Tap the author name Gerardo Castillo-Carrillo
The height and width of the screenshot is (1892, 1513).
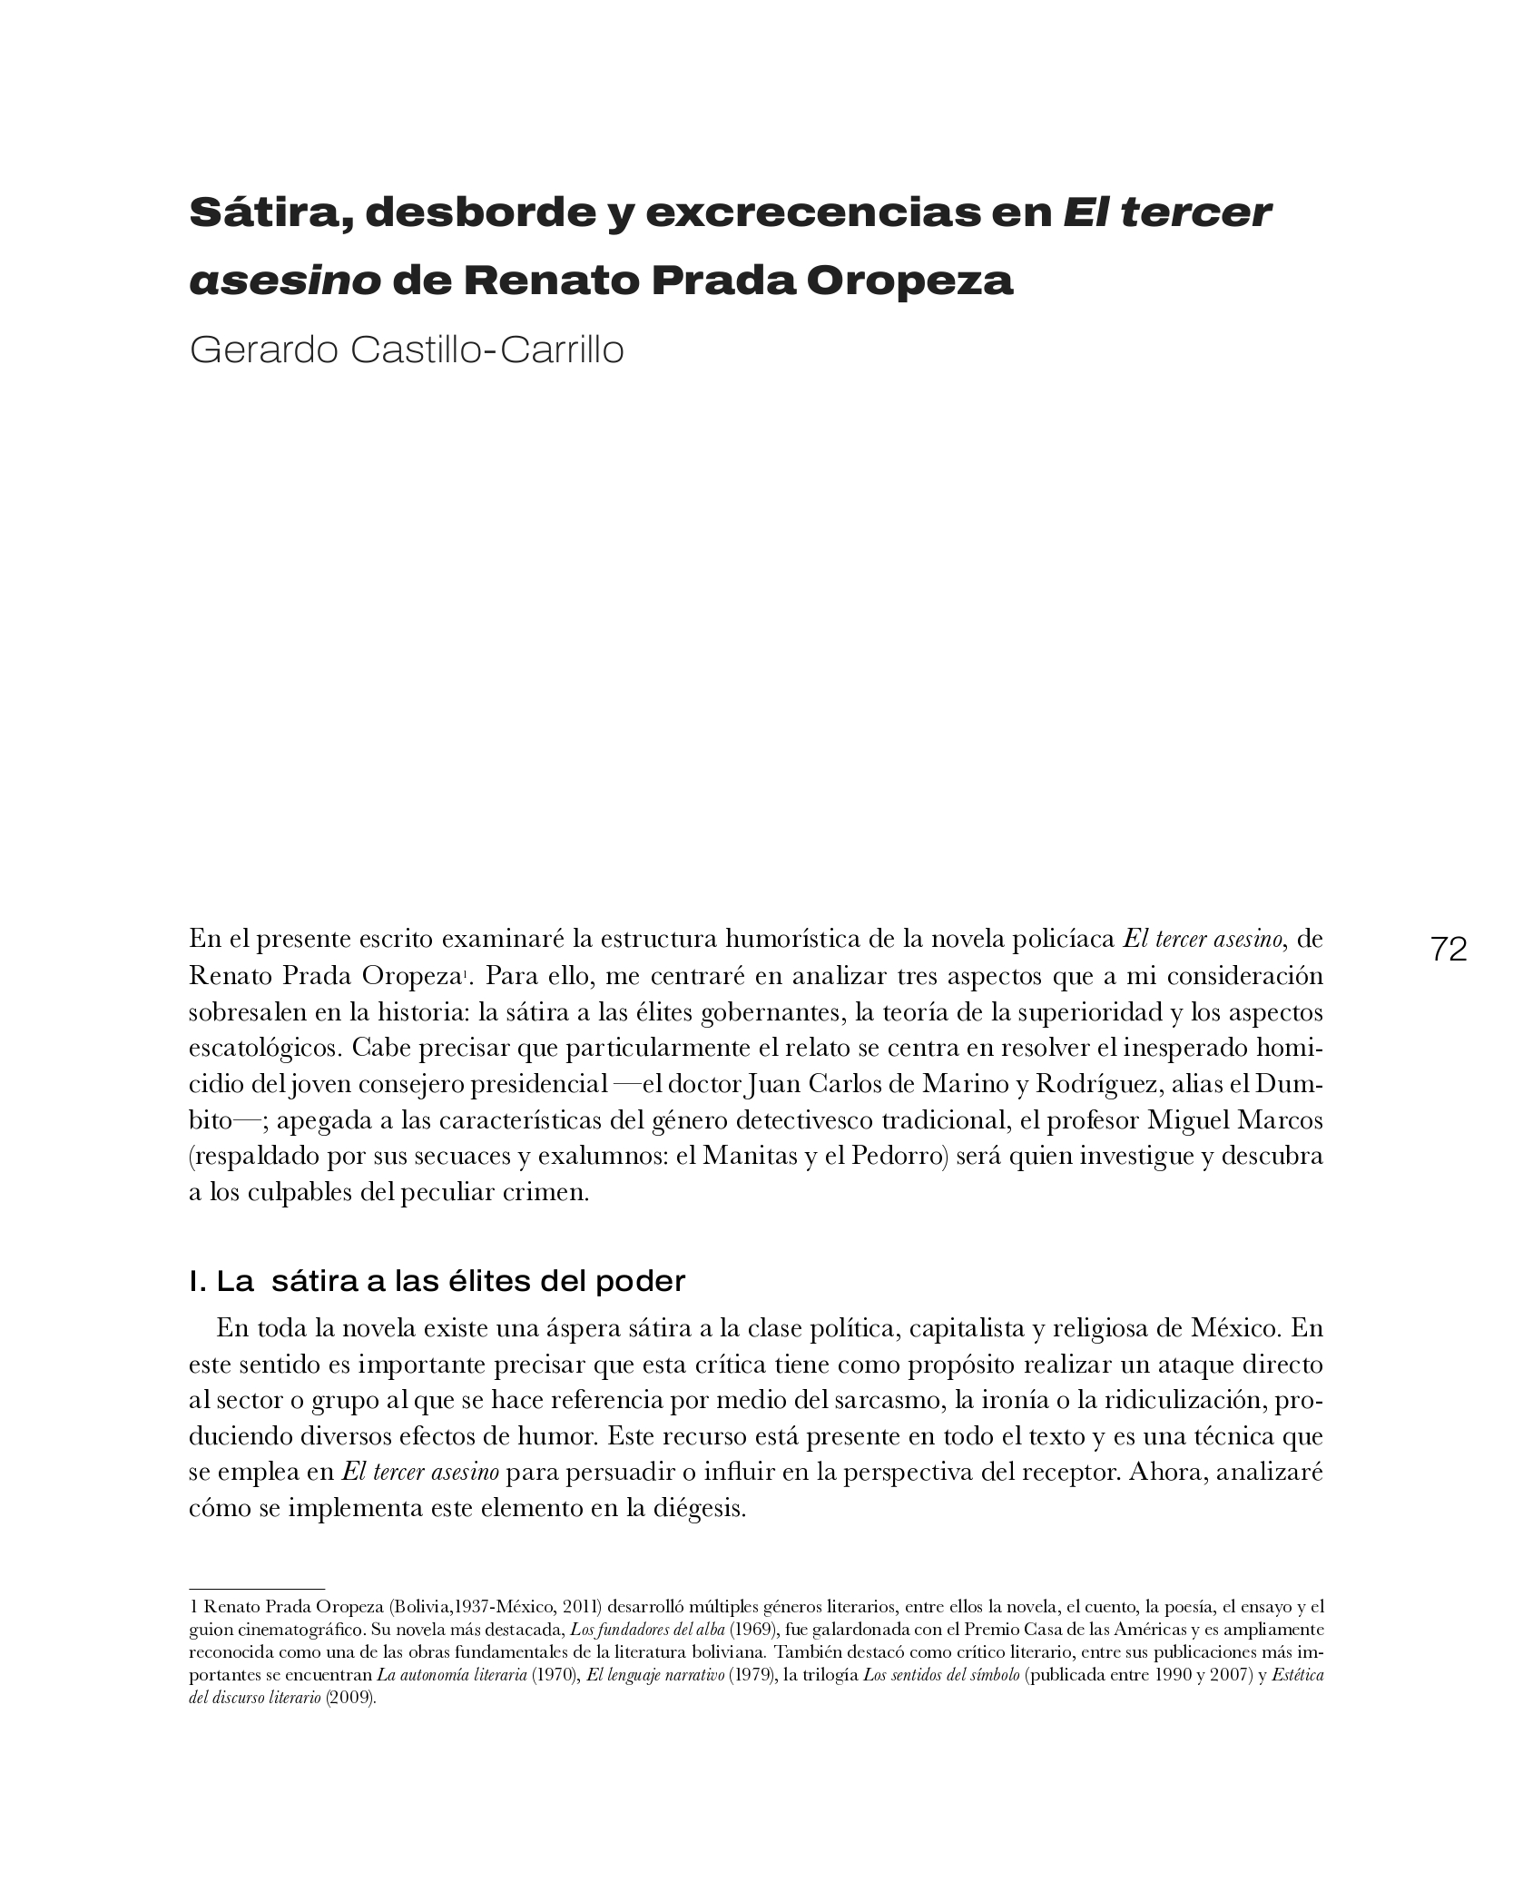coord(407,350)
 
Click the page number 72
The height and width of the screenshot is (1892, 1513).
coord(1449,950)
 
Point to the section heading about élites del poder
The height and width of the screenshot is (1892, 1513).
coord(437,1282)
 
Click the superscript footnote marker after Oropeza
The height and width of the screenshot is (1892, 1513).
coord(464,974)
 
